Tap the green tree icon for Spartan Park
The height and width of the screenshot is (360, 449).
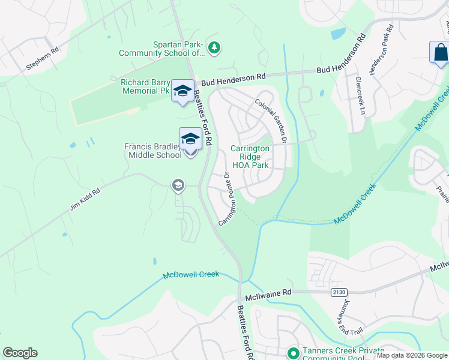[213, 46]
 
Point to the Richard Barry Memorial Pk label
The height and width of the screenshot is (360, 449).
[145, 87]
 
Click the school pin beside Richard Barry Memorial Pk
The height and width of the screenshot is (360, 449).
[182, 91]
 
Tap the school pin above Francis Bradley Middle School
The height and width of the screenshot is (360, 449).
[190, 139]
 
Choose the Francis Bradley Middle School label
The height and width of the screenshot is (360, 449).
[152, 151]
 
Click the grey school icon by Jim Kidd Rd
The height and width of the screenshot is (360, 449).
[178, 185]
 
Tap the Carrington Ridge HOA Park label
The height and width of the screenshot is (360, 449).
[250, 157]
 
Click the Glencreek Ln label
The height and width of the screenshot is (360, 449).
[360, 95]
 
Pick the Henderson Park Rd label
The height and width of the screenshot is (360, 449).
[381, 50]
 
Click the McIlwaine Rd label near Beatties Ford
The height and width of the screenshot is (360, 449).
[268, 294]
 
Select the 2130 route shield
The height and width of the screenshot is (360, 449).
[339, 292]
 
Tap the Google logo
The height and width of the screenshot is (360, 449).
[20, 353]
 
